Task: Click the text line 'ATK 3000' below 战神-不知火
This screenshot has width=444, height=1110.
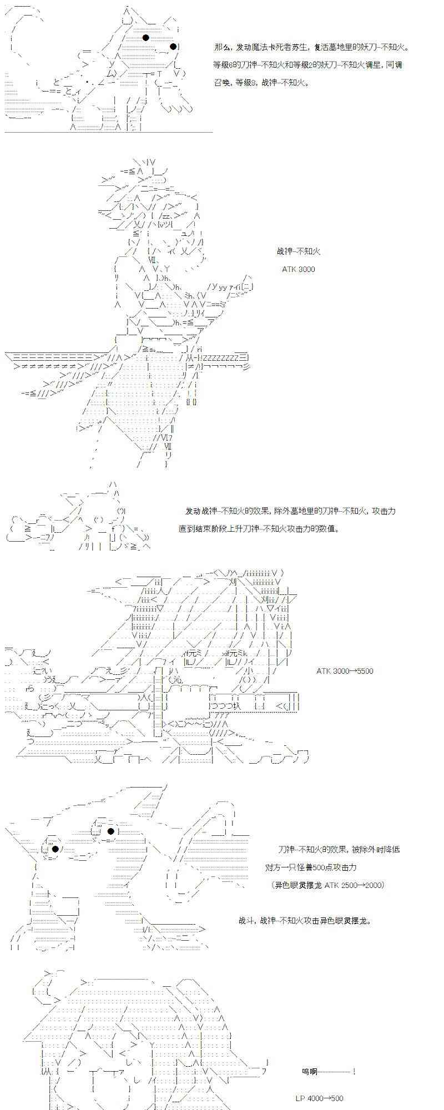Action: click(298, 269)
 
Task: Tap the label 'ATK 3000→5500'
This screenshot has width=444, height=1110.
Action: click(345, 670)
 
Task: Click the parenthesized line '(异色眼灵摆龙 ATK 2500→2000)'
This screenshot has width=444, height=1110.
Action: click(329, 885)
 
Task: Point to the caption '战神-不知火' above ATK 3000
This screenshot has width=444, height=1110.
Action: click(298, 251)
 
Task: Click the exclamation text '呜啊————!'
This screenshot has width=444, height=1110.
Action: click(329, 1071)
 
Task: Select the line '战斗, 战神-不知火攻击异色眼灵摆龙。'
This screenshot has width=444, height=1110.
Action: click(305, 920)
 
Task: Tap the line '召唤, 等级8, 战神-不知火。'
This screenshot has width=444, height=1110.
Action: click(260, 83)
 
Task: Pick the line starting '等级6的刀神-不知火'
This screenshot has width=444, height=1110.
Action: click(307, 65)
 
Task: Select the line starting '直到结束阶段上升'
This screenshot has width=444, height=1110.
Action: click(259, 528)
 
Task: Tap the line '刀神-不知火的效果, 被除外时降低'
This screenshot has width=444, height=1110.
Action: click(339, 849)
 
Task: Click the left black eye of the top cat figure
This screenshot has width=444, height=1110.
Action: click(146, 38)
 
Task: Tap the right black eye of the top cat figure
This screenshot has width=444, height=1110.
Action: click(173, 46)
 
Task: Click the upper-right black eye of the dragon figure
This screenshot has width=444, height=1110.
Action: click(111, 831)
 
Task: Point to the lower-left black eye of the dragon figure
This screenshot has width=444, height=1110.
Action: click(56, 849)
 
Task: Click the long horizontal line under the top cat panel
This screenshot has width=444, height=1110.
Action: click(109, 133)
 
